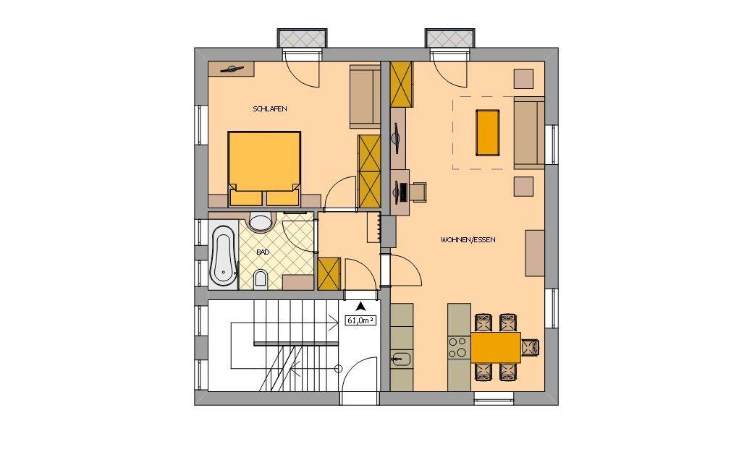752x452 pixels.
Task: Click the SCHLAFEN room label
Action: click(270, 109)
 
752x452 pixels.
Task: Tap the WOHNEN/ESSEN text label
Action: click(468, 239)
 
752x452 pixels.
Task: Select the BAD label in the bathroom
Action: click(262, 252)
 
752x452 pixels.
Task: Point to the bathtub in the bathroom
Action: click(223, 254)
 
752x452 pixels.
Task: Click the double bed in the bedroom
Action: click(264, 168)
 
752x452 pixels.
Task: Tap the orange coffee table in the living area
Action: click(487, 132)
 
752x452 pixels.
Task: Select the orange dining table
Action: click(495, 347)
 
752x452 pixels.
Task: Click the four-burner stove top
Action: click(458, 347)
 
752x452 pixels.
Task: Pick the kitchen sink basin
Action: click(402, 359)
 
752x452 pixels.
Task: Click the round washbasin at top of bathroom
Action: click(261, 221)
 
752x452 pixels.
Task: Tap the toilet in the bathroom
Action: click(261, 278)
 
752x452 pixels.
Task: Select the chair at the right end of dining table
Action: click(531, 347)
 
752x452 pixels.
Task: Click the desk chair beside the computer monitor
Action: click(418, 192)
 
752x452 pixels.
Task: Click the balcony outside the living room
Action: click(450, 38)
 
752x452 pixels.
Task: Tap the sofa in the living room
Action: click(529, 132)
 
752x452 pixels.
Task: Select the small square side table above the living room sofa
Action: click(524, 79)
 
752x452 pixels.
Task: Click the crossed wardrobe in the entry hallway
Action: click(329, 273)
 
